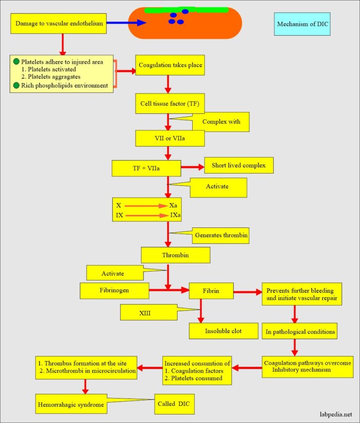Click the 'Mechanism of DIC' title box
coord(302,24)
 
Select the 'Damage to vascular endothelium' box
coord(59,23)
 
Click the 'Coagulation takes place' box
coord(170,65)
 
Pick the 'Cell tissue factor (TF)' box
coord(170,104)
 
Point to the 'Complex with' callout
coord(221,122)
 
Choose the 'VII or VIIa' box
coord(170,138)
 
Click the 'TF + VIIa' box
coord(146,167)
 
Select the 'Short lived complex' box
coord(239,166)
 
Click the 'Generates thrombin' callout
coord(221,235)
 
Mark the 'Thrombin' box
coord(175,255)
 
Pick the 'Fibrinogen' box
coord(114,291)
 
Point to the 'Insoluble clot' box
coord(224,331)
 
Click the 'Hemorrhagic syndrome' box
coord(70,404)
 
